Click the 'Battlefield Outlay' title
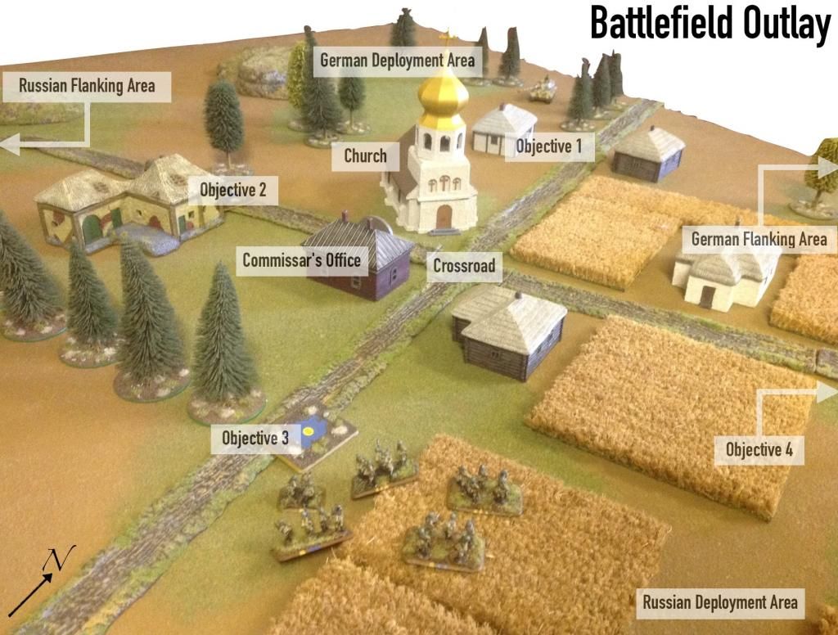click(710, 24)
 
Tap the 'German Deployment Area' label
click(397, 61)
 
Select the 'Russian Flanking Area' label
click(87, 85)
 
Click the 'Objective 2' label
click(233, 191)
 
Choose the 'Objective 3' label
click(255, 438)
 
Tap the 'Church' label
click(365, 155)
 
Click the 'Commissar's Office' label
click(301, 261)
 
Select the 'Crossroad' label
click(464, 265)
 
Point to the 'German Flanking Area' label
click(759, 240)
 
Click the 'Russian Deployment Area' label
click(719, 603)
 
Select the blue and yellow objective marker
click(311, 431)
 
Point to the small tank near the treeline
click(543, 90)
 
